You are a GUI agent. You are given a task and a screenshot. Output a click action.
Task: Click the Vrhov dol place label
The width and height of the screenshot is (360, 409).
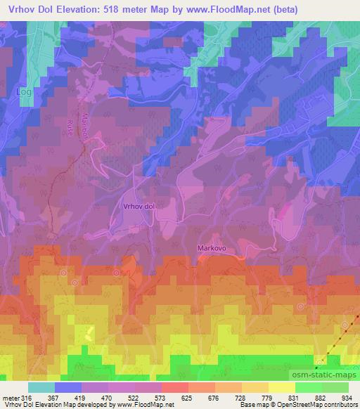click(137, 207)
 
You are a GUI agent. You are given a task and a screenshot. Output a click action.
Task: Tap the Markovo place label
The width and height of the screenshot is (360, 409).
click(212, 248)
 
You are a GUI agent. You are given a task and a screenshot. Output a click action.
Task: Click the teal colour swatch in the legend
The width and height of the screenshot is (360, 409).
click(41, 387)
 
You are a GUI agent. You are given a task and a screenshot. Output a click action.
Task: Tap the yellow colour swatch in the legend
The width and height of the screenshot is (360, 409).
click(282, 387)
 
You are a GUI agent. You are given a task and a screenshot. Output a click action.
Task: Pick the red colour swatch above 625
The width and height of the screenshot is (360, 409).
click(175, 387)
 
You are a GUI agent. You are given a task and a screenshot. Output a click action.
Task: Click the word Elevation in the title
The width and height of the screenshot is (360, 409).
click(65, 10)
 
